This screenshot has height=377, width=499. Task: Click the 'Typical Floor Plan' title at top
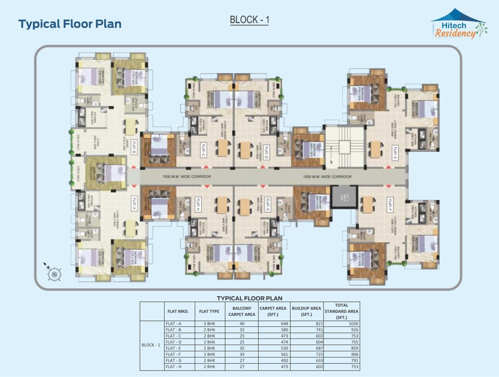tap(70, 24)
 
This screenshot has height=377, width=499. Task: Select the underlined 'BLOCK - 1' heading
tap(249, 20)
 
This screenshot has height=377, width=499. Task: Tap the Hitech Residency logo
tap(458, 25)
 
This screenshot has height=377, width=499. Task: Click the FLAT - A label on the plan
tap(133, 202)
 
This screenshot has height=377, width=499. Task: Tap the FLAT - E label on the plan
tap(393, 153)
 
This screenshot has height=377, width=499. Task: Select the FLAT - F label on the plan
tap(389, 202)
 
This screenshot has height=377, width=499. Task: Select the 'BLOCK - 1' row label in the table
tap(151, 345)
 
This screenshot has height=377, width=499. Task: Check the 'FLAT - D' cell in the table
tap(173, 342)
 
